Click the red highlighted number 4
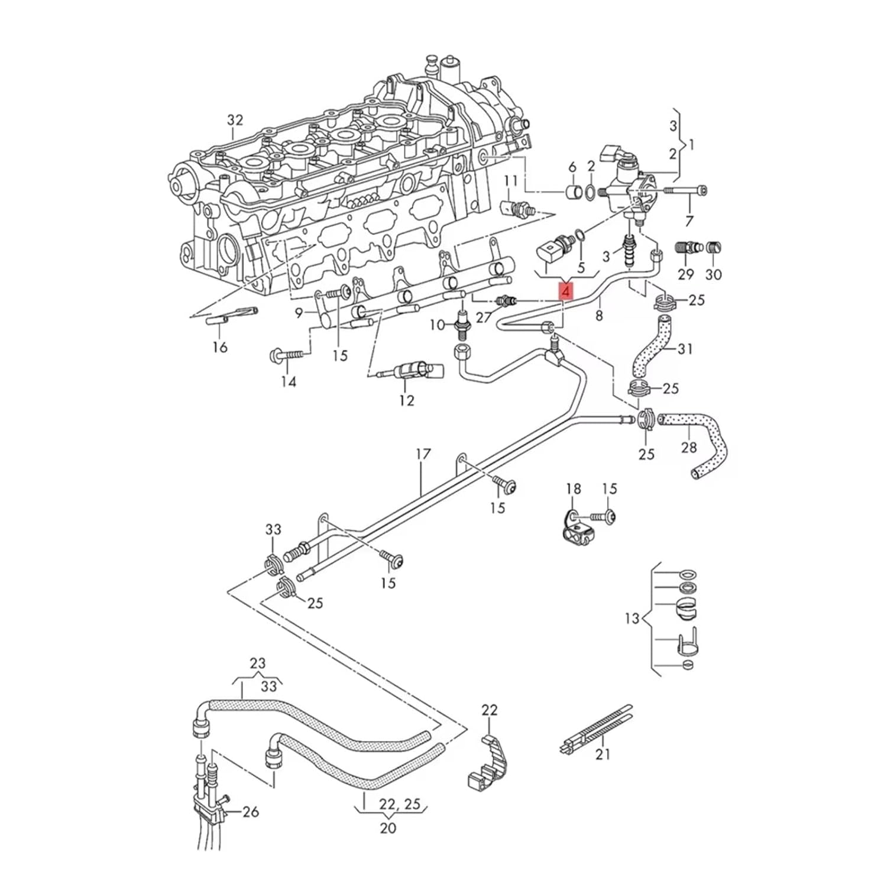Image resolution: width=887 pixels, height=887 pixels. (x=566, y=291)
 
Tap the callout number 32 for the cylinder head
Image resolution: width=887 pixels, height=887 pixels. (x=235, y=120)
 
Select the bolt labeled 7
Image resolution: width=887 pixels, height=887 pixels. (x=686, y=190)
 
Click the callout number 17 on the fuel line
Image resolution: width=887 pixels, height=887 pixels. (x=423, y=454)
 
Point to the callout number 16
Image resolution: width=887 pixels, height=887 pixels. (x=220, y=347)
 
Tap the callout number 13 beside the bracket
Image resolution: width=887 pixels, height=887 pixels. (x=632, y=619)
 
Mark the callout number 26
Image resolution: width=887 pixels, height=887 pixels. (x=251, y=812)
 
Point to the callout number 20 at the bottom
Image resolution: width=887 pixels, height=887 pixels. (x=388, y=828)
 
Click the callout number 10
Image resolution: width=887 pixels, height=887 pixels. (x=437, y=325)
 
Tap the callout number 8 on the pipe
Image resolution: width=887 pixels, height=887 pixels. (x=599, y=316)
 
